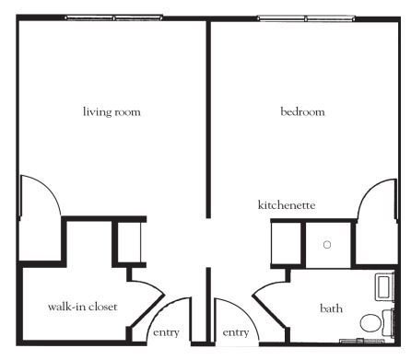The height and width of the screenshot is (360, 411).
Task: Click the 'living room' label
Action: pyautogui.click(x=112, y=111)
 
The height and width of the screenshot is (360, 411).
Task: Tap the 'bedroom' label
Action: pyautogui.click(x=302, y=111)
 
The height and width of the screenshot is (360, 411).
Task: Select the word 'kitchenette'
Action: pyautogui.click(x=287, y=204)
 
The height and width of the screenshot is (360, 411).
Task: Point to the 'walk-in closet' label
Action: pyautogui.click(x=83, y=307)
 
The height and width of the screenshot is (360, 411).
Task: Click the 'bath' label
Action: pyautogui.click(x=331, y=308)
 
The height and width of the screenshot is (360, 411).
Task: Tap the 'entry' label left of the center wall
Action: pyautogui.click(x=166, y=332)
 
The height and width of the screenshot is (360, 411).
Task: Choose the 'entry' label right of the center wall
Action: pyautogui.click(x=236, y=332)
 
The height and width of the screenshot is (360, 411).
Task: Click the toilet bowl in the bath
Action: pyautogui.click(x=370, y=323)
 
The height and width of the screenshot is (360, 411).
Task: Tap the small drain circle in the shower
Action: pyautogui.click(x=327, y=245)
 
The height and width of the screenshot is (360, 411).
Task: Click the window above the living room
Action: pyautogui.click(x=113, y=18)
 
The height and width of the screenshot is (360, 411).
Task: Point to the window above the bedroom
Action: pyautogui.click(x=306, y=18)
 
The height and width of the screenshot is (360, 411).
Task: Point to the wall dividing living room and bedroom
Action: pyautogui.click(x=208, y=119)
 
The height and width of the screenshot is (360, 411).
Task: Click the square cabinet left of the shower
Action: pyautogui.click(x=286, y=244)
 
